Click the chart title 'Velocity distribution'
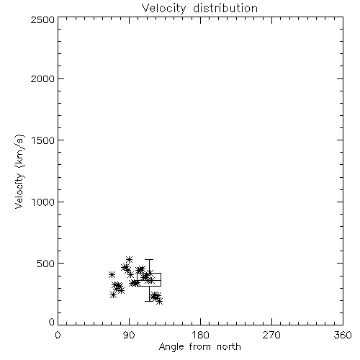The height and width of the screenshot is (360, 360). click(199, 9)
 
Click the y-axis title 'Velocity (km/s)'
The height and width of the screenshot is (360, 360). click(19, 171)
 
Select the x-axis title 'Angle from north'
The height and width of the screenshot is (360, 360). click(199, 347)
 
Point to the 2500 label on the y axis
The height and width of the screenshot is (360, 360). click(42, 19)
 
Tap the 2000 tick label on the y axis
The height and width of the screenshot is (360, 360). click(42, 78)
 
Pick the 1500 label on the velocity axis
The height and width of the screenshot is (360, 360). click(43, 140)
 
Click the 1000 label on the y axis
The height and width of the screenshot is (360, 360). click(43, 202)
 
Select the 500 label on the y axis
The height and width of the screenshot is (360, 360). click(46, 264)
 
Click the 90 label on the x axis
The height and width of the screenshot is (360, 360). click(129, 335)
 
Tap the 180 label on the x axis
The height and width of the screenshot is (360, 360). click(200, 335)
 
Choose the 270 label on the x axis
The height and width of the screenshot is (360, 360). click(271, 335)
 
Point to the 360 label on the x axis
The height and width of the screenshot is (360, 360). click(343, 335)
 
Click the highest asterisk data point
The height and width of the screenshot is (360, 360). click(130, 259)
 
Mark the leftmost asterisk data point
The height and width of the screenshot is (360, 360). click(112, 274)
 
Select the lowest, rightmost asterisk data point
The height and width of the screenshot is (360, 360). click(160, 301)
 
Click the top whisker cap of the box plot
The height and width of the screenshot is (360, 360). click(149, 259)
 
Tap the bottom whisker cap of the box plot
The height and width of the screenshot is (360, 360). click(149, 301)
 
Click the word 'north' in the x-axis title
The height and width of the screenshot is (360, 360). click(229, 347)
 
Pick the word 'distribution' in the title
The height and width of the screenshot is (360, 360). click(225, 9)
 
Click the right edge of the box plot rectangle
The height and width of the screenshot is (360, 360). click(161, 279)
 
